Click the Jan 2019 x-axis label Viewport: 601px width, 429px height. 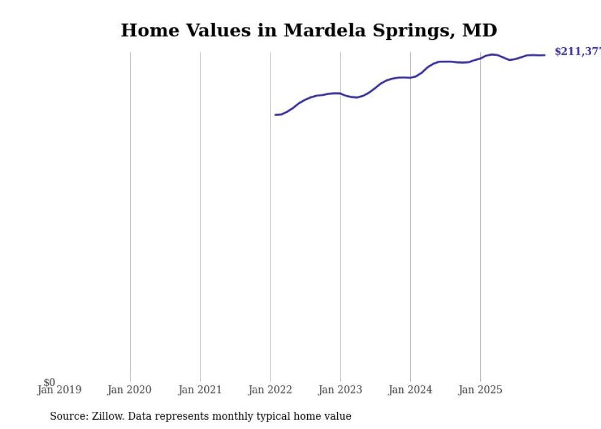pos(59,390)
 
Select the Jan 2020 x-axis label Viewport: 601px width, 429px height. pos(129,390)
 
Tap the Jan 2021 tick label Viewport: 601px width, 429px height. pos(200,390)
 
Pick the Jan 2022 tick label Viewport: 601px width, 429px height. pos(270,390)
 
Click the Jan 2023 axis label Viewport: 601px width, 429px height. pos(340,390)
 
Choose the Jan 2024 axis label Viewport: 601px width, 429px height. pos(410,390)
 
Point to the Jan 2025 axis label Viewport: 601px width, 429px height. pos(480,390)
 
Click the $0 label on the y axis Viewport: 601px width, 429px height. pos(49,382)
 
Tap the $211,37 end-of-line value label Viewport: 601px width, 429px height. pos(577,52)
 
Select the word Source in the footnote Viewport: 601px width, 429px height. pos(69,416)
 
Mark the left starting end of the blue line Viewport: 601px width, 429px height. pos(275,115)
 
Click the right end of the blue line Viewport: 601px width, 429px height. pos(545,55)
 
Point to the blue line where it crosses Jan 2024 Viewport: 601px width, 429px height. pos(410,77)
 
